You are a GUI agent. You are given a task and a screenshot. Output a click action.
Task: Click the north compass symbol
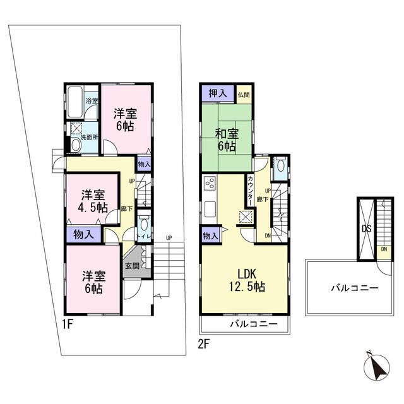[x=376, y=367]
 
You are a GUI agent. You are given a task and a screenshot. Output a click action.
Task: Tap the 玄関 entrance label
[x=133, y=266]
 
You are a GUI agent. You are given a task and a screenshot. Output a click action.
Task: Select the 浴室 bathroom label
[x=92, y=100]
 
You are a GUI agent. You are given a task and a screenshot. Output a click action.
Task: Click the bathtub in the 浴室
[x=75, y=102]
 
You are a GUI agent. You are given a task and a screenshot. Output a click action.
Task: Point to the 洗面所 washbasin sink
[x=76, y=145]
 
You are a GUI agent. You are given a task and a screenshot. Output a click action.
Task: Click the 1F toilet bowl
[x=144, y=224]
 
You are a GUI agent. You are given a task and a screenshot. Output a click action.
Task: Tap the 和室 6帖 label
[x=227, y=140]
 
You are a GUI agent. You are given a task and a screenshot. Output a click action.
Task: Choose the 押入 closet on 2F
[x=218, y=93]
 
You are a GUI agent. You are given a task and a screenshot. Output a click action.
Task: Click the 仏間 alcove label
[x=244, y=95]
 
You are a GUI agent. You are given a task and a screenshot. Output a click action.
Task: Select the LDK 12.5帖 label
[x=247, y=280]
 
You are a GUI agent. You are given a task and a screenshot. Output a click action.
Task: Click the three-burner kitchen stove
[x=210, y=184]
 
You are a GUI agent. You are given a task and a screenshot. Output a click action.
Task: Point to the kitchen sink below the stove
[x=210, y=209]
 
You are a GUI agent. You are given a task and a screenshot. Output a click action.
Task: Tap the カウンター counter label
[x=250, y=191]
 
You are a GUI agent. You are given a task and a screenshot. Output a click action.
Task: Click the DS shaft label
[x=366, y=229]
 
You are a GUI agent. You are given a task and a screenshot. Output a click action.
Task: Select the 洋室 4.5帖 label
[x=93, y=201]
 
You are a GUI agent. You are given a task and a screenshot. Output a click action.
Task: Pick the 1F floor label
[x=68, y=324]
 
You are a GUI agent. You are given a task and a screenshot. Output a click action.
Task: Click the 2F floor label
[x=203, y=344]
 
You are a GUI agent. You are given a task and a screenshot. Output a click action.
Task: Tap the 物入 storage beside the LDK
[x=210, y=235]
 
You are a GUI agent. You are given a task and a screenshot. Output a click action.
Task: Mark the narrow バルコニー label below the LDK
[x=254, y=324]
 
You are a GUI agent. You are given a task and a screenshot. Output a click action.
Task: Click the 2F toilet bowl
[x=280, y=166]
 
